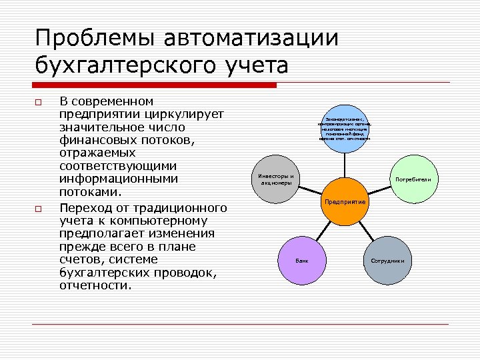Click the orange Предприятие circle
click(x=345, y=201)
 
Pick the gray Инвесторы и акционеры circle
click(x=275, y=180)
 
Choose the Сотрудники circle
click(x=387, y=260)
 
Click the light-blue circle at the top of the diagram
click(x=345, y=127)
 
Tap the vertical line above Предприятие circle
click(x=345, y=164)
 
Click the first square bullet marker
click(x=39, y=103)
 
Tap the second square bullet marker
click(x=39, y=209)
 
